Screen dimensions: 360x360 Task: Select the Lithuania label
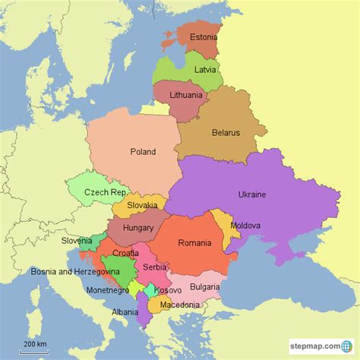(x=187, y=96)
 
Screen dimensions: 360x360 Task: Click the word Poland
(x=143, y=151)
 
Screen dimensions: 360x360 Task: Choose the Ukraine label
(x=252, y=194)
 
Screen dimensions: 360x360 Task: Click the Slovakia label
(x=143, y=205)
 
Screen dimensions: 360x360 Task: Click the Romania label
(x=194, y=243)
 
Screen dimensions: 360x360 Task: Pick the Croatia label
(x=126, y=253)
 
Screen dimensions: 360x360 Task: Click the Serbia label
(x=154, y=267)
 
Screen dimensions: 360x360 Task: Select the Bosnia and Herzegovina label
(x=75, y=271)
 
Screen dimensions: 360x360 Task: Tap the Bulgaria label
(x=204, y=286)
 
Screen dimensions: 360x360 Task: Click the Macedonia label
(x=180, y=305)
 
